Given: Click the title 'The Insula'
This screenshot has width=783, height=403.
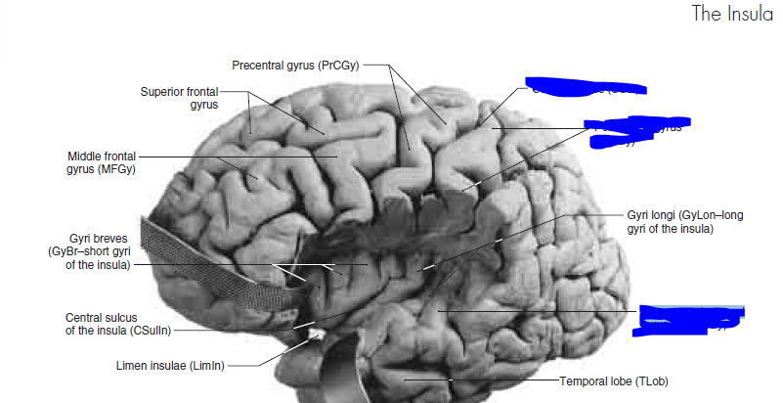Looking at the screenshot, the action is tap(731, 14).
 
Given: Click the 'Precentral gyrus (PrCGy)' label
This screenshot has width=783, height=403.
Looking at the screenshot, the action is tap(296, 66).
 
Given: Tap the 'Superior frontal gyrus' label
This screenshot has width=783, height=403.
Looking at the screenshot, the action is tap(179, 97).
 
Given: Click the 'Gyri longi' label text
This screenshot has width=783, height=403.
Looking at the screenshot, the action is tap(670, 221).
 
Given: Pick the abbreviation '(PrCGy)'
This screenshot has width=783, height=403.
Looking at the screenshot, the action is tap(340, 66).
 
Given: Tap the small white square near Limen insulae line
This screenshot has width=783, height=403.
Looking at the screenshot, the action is tap(315, 335).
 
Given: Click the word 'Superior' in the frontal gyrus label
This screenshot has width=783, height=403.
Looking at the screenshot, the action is tap(162, 91).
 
